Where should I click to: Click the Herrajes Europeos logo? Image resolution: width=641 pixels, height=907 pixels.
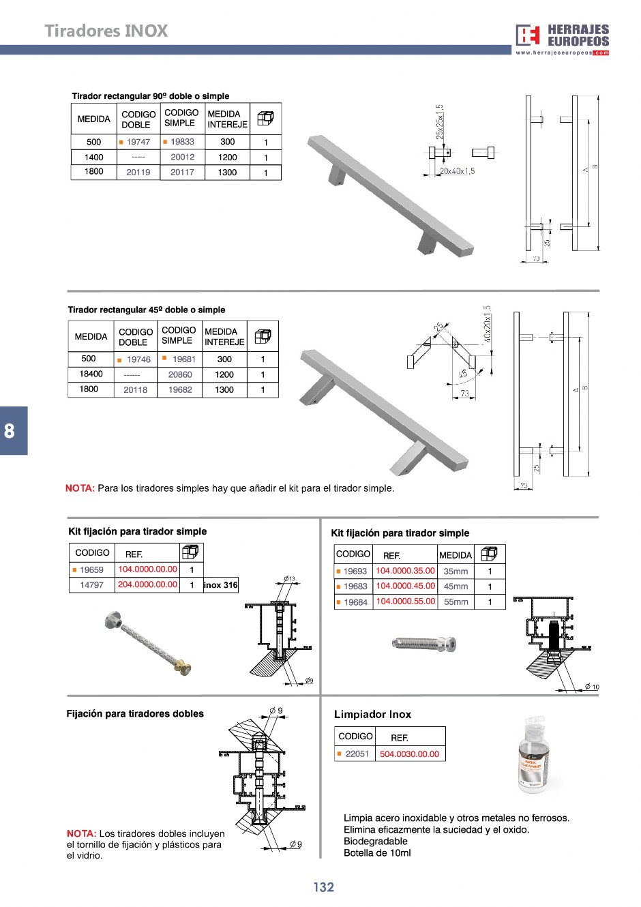pos(562,39)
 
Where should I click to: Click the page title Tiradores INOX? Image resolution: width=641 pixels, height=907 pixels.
pos(106,31)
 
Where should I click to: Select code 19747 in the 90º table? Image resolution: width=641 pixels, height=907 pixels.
pos(138,142)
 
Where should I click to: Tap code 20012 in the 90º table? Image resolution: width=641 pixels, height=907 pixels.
pos(182,157)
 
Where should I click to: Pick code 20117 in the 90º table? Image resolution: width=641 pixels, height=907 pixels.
pos(182,173)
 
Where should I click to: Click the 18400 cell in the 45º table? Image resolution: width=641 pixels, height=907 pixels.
pos(91,374)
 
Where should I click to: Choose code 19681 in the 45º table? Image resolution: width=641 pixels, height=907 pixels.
pos(183,359)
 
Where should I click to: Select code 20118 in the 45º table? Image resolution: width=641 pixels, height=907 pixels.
pos(135,390)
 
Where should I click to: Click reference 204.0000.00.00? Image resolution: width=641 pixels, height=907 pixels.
pos(147,584)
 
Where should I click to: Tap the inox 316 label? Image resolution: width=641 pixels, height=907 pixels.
pos(221,585)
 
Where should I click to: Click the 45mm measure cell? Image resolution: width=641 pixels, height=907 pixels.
pos(456,586)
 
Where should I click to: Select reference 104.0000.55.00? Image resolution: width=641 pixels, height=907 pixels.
pos(405,601)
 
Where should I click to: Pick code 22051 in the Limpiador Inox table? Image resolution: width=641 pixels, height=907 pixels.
pos(357,754)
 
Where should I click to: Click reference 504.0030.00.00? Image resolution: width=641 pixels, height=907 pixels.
pos(409,754)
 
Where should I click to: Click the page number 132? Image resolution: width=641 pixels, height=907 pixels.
pos(323,887)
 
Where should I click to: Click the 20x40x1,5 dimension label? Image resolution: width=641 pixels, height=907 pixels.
pos(457,171)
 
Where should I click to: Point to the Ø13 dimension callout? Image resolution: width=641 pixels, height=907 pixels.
pos(289,579)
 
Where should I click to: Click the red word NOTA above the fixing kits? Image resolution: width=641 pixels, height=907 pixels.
pos(80,488)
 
